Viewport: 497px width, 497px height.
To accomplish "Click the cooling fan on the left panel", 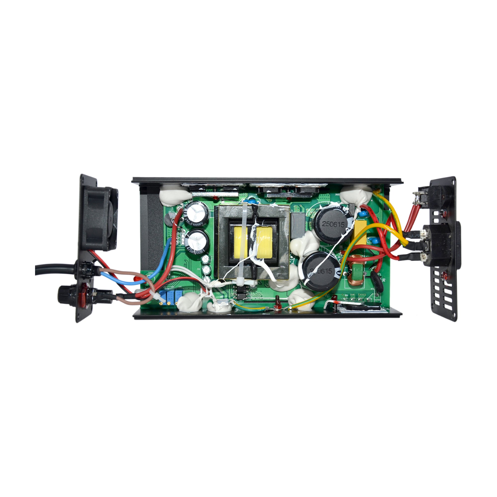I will pyautogui.click(x=102, y=219).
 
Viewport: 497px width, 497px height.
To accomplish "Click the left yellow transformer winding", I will pyautogui.click(x=241, y=243).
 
